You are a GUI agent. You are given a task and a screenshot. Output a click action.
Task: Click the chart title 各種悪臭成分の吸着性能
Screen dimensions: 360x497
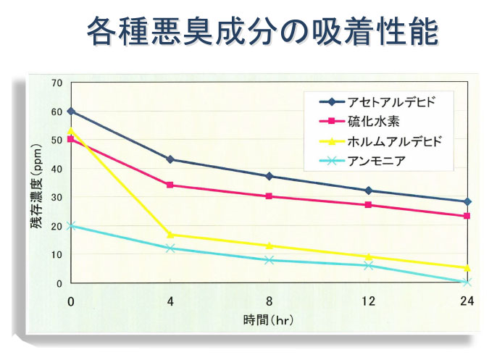pyautogui.click(x=262, y=31)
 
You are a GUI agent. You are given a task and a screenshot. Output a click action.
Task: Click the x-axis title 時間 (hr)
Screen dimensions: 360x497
pyautogui.click(x=268, y=318)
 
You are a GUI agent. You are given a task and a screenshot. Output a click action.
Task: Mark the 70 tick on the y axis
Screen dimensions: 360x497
pyautogui.click(x=57, y=83)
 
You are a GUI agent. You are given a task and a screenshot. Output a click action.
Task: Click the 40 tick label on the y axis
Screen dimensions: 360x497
pyautogui.click(x=57, y=169)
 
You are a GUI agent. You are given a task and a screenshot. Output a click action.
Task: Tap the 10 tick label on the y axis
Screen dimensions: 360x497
pyautogui.click(x=57, y=255)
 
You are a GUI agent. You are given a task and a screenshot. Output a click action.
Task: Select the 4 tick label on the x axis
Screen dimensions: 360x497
pyautogui.click(x=170, y=301)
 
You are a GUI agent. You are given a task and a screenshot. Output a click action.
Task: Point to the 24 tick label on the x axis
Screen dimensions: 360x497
pyautogui.click(x=467, y=301)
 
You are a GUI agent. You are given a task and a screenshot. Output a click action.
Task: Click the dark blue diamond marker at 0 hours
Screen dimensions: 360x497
pyautogui.click(x=71, y=112)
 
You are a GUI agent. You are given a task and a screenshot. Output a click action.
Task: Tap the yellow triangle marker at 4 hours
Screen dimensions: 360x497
pyautogui.click(x=170, y=234)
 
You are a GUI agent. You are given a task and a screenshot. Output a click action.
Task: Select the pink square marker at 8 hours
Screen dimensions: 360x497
pyautogui.click(x=269, y=196)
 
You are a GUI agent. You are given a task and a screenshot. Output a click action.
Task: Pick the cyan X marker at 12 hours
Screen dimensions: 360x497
pyautogui.click(x=368, y=266)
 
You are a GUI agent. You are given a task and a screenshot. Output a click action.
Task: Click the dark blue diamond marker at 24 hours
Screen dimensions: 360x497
pyautogui.click(x=467, y=201)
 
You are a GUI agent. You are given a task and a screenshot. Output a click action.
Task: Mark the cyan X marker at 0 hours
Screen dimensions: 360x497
pyautogui.click(x=71, y=225)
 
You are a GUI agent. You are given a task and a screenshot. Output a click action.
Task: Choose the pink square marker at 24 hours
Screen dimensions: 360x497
pyautogui.click(x=467, y=216)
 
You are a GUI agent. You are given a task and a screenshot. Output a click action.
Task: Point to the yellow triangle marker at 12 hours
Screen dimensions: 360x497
pyautogui.click(x=368, y=256)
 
